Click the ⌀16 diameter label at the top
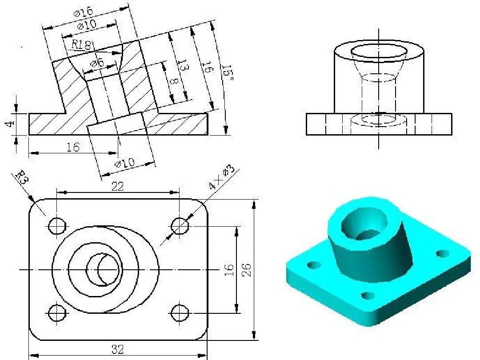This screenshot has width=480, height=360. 83,12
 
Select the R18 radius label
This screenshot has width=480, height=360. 81,45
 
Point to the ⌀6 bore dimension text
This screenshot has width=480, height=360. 97,64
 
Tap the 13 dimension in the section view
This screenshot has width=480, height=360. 183,66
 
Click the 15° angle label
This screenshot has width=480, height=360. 228,73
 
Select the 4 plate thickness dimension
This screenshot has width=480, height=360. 10,124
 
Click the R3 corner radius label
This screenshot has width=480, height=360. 22,177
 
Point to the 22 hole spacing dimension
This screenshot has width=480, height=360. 117,186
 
